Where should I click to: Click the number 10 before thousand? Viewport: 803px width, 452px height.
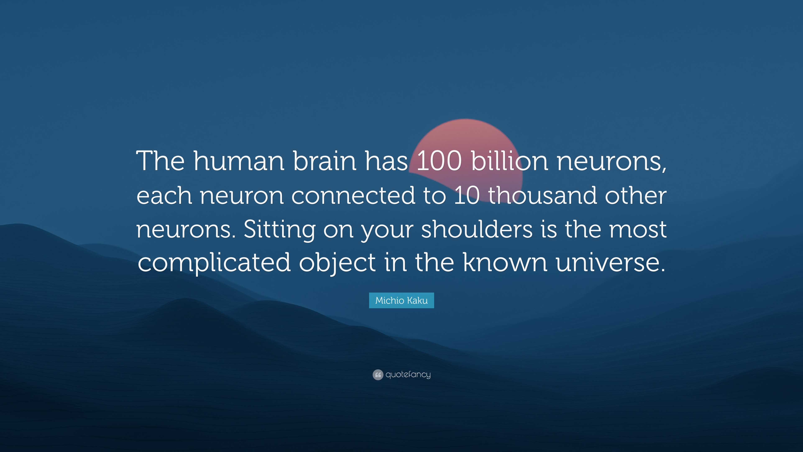click(467, 195)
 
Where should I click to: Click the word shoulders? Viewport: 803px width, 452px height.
click(477, 229)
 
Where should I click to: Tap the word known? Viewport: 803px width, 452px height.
click(505, 263)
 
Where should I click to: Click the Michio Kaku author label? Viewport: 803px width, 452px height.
click(401, 300)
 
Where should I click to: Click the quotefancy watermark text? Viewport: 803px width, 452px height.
click(408, 374)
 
